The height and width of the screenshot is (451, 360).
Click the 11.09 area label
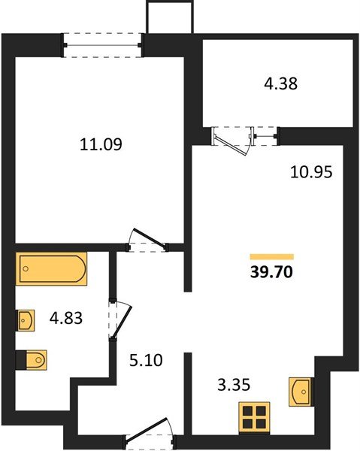click(x=101, y=144)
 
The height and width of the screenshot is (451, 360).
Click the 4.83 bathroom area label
click(x=65, y=318)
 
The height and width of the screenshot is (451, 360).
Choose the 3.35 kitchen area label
click(x=231, y=386)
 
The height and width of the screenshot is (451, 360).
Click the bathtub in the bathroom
click(x=53, y=269)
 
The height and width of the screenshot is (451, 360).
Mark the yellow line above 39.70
click(x=271, y=256)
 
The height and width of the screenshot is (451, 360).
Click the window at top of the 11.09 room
click(x=103, y=44)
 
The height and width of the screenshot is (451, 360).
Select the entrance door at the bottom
click(x=149, y=437)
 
